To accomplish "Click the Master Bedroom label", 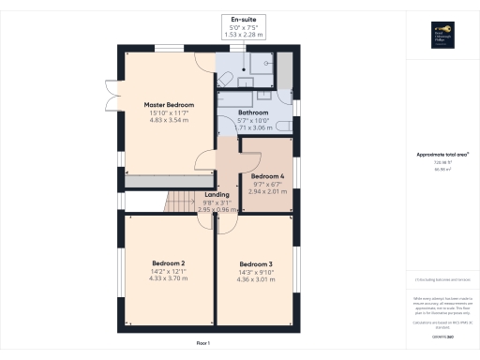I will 169,103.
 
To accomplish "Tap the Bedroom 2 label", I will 169,262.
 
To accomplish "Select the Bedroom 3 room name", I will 255,262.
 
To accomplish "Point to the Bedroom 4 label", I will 268,175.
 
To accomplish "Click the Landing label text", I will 217,195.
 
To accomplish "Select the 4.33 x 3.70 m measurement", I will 169,279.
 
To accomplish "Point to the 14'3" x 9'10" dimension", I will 255,272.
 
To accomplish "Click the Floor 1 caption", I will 203,343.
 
